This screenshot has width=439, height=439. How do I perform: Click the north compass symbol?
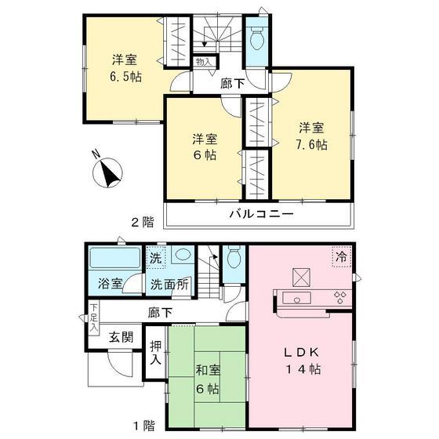(107, 171)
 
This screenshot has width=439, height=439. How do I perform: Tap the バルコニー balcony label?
(261, 213)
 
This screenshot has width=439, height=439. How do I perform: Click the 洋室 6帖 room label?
(205, 147)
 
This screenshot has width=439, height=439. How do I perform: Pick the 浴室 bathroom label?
(110, 284)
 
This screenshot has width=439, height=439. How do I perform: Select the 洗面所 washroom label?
(169, 285)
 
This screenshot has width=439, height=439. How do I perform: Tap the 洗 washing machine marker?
(155, 256)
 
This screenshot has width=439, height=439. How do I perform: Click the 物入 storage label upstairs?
(203, 61)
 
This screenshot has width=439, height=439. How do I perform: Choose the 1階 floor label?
(143, 426)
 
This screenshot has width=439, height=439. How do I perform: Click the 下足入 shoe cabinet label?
(93, 317)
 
